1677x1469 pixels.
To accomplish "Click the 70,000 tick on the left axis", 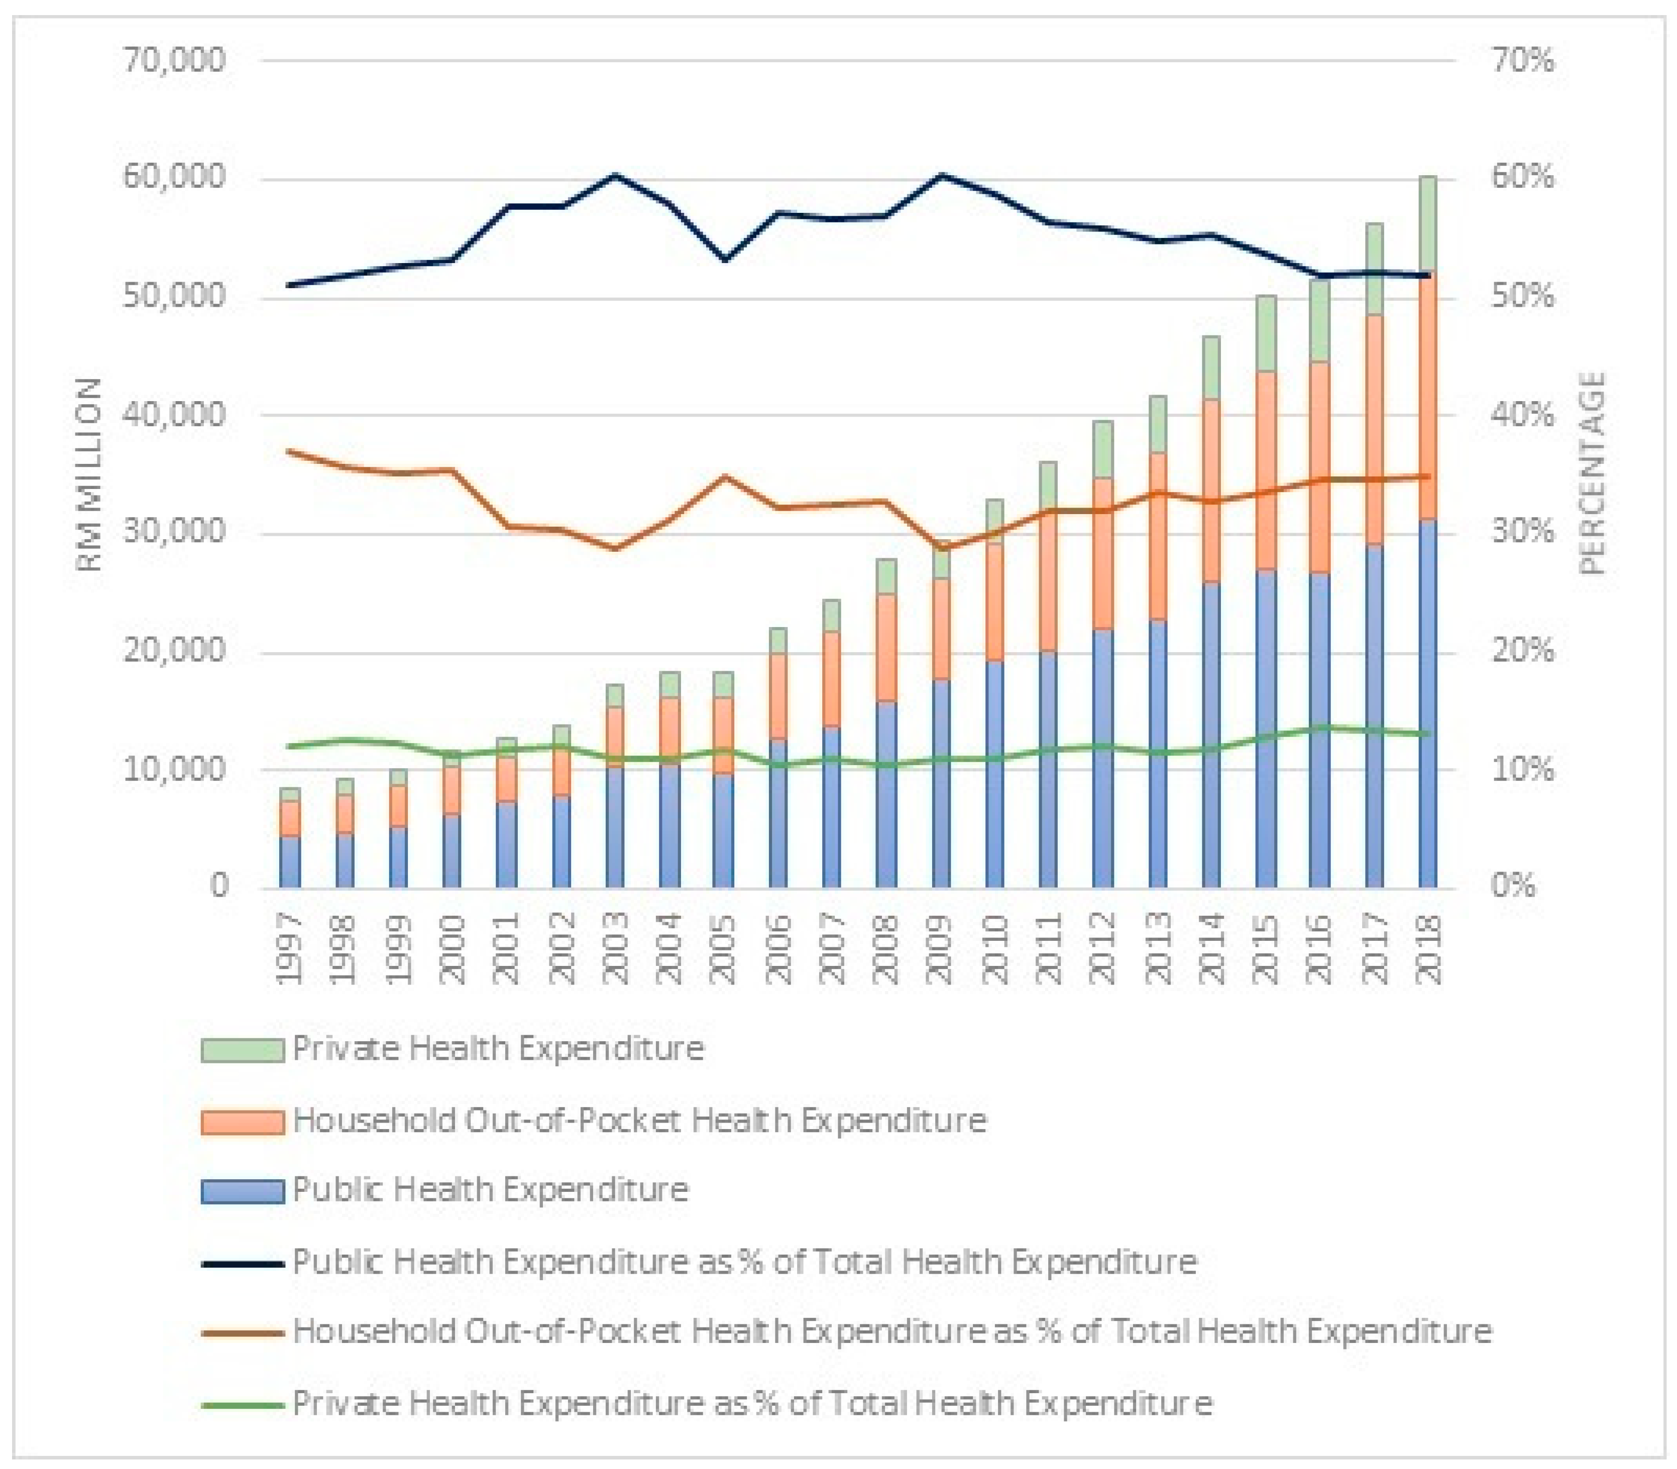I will point(174,61).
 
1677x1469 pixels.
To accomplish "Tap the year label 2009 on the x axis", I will point(941,949).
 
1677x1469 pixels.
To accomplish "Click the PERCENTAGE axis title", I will point(1592,474).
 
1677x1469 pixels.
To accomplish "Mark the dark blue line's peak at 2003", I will point(615,175).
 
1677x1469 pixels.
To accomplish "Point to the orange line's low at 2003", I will point(615,548).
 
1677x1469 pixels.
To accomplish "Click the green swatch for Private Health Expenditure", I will point(243,1049).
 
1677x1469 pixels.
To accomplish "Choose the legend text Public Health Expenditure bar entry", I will point(490,1189).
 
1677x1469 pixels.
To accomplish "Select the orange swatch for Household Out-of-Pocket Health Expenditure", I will point(243,1122).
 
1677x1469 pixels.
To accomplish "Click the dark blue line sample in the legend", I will point(243,1263).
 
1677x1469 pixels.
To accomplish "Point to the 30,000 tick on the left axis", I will point(174,532).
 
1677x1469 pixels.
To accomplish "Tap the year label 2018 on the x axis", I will point(1428,949).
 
